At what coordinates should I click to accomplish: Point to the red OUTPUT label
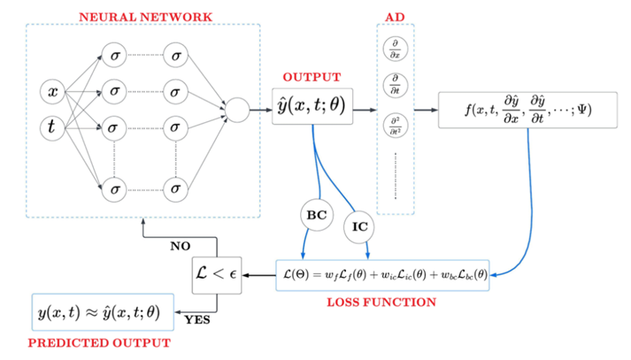tap(311, 77)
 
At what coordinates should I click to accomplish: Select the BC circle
tap(316, 214)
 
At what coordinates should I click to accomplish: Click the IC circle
tap(360, 227)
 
